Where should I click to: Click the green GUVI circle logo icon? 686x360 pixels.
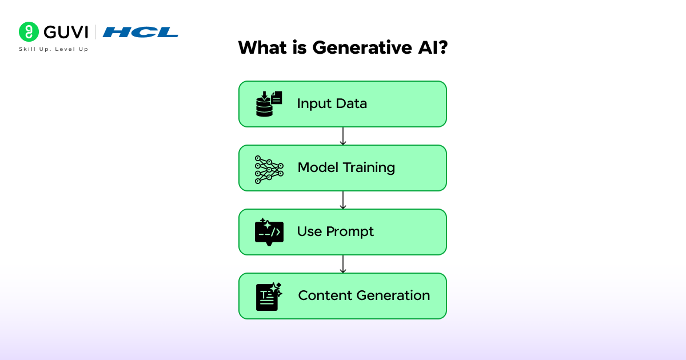coord(29,32)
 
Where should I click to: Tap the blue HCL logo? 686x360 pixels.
coord(141,32)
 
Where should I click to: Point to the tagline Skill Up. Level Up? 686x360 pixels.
coord(54,49)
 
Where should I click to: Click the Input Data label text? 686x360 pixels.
coord(332,104)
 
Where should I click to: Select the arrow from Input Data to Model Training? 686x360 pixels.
coord(342,136)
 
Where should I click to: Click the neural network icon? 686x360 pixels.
coord(269,169)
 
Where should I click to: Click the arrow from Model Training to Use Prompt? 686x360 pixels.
coord(342,200)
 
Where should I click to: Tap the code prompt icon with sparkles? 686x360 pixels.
coord(269,232)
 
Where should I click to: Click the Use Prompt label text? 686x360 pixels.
coord(335,232)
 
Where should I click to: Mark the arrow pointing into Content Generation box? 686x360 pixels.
coord(342,264)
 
